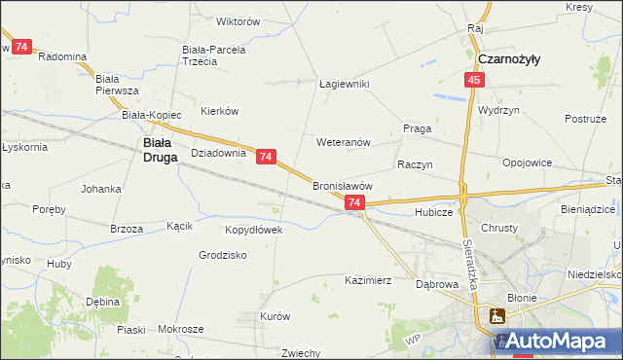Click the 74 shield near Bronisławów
point(354,202)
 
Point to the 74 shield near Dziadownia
point(267,156)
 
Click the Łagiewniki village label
point(345,84)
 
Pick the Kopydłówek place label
point(253,231)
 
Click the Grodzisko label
point(223,255)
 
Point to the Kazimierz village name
point(367,280)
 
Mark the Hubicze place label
point(433,211)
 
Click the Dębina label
point(103,302)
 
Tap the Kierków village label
point(219,111)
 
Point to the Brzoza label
point(127,229)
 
